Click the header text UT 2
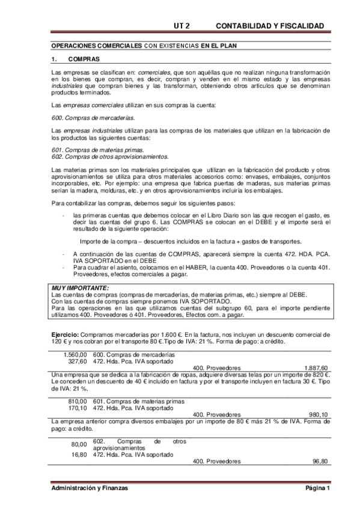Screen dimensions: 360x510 [182, 26]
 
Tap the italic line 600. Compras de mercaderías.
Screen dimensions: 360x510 [84, 117]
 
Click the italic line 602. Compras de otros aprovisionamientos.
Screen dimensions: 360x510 [101, 157]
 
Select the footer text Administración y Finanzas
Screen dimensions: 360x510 [90, 488]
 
